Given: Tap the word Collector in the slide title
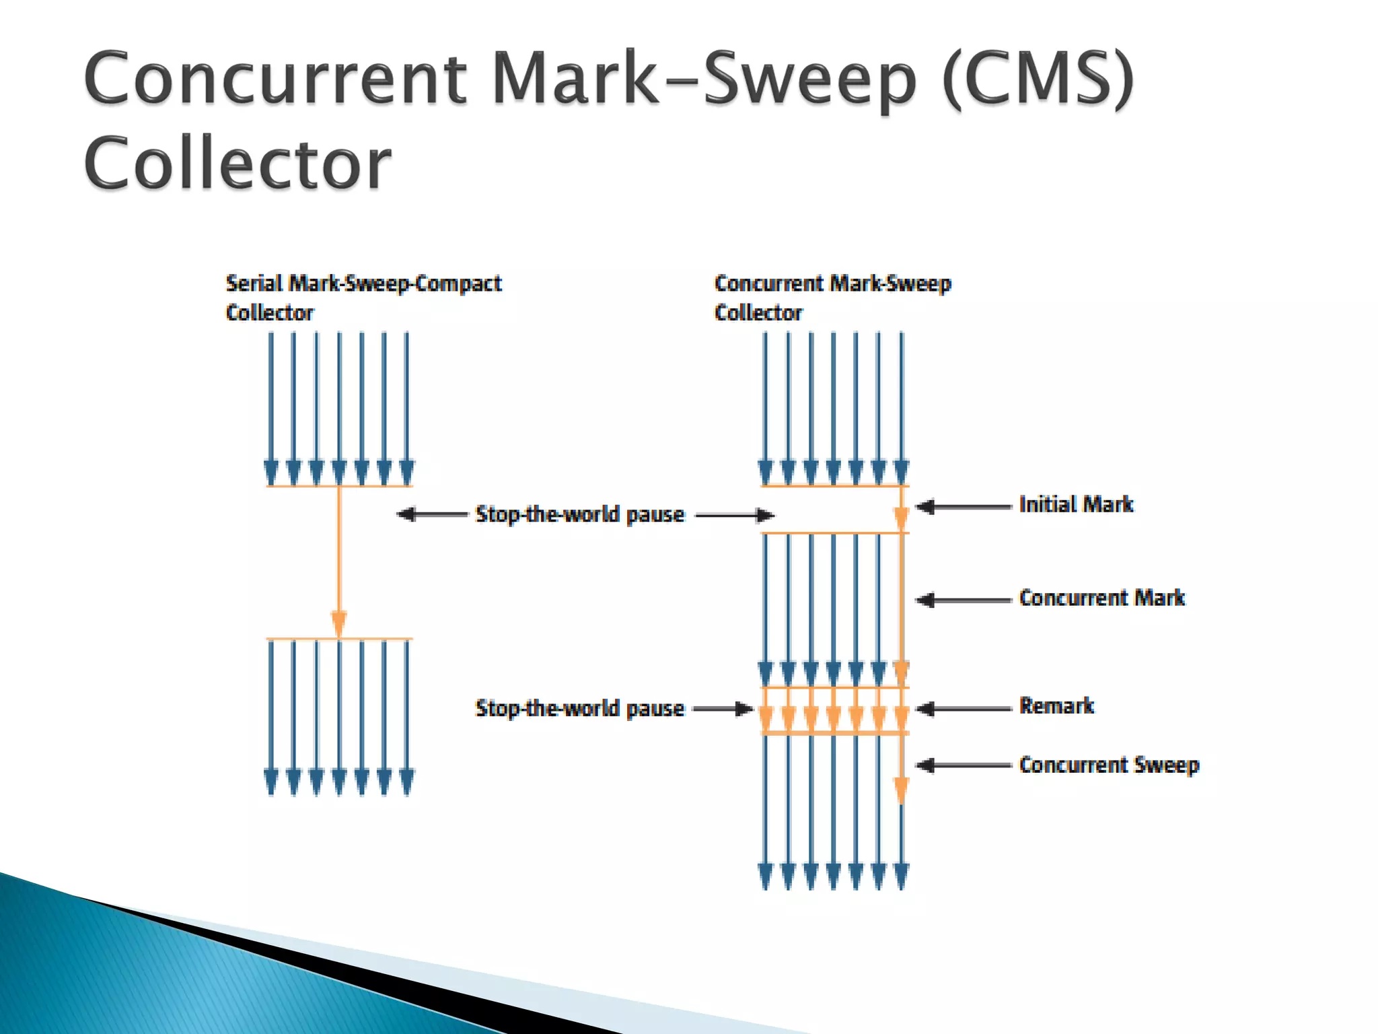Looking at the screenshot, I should (x=237, y=163).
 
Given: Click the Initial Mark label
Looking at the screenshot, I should (x=1076, y=504).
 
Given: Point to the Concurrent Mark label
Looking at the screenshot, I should (x=1101, y=598).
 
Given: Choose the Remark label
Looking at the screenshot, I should (x=1056, y=706).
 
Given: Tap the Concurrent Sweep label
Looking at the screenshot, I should (x=1109, y=765).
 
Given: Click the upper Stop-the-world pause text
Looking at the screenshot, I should (x=579, y=514).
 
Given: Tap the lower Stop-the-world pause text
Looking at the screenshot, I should (x=579, y=708).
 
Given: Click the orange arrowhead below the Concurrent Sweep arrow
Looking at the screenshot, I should (x=901, y=789).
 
